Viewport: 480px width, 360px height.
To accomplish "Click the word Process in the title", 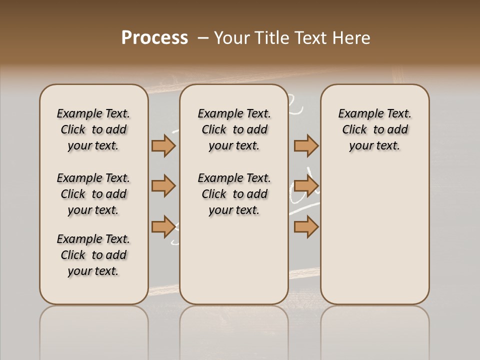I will click(154, 38).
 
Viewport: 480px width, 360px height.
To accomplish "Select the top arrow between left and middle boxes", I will click(163, 145).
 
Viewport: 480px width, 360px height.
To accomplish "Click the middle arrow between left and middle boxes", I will click(163, 186).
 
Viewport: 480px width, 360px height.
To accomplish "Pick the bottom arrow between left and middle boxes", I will click(163, 226).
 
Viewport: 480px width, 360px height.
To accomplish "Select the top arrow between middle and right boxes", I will click(306, 145).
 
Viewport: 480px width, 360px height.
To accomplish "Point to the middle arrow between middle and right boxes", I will click(306, 186).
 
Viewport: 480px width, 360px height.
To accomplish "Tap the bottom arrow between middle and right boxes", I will click(306, 226).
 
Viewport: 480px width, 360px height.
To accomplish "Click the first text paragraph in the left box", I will click(93, 129).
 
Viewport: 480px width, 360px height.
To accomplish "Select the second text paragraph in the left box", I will click(93, 194).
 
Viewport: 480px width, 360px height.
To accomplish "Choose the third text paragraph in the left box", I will click(93, 255).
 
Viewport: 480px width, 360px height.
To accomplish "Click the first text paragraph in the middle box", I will click(234, 129).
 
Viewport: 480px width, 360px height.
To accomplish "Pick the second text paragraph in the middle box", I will click(234, 194).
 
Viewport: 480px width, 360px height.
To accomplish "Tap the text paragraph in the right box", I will click(375, 129).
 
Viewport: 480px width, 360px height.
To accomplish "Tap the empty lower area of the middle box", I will click(234, 260).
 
